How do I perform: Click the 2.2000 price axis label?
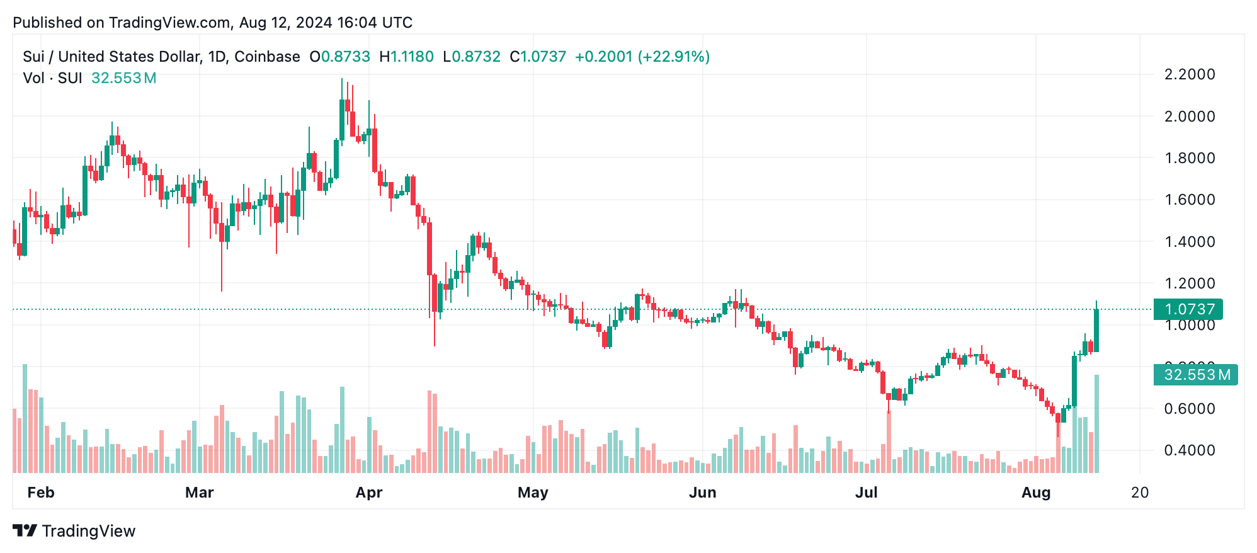pyautogui.click(x=1189, y=74)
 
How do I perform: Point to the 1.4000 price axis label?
pyautogui.click(x=1189, y=241)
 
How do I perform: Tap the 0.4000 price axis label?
pyautogui.click(x=1189, y=450)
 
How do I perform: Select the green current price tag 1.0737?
pyautogui.click(x=1188, y=309)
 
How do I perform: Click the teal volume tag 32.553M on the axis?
pyautogui.click(x=1195, y=375)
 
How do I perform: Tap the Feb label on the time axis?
pyautogui.click(x=41, y=493)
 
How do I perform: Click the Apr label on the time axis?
pyautogui.click(x=368, y=493)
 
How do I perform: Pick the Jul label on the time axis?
pyautogui.click(x=866, y=493)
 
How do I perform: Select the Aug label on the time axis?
pyautogui.click(x=1035, y=493)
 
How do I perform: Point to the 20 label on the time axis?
pyautogui.click(x=1139, y=493)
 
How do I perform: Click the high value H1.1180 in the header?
pyautogui.click(x=406, y=57)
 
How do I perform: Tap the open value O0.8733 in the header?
pyautogui.click(x=339, y=57)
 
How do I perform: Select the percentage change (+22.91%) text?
pyautogui.click(x=673, y=57)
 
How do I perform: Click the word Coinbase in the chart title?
pyautogui.click(x=267, y=57)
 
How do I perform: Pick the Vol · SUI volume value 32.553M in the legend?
pyautogui.click(x=123, y=78)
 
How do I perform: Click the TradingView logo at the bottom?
pyautogui.click(x=74, y=531)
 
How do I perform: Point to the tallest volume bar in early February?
pyautogui.click(x=25, y=419)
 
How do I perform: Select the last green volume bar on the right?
pyautogui.click(x=1096, y=423)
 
